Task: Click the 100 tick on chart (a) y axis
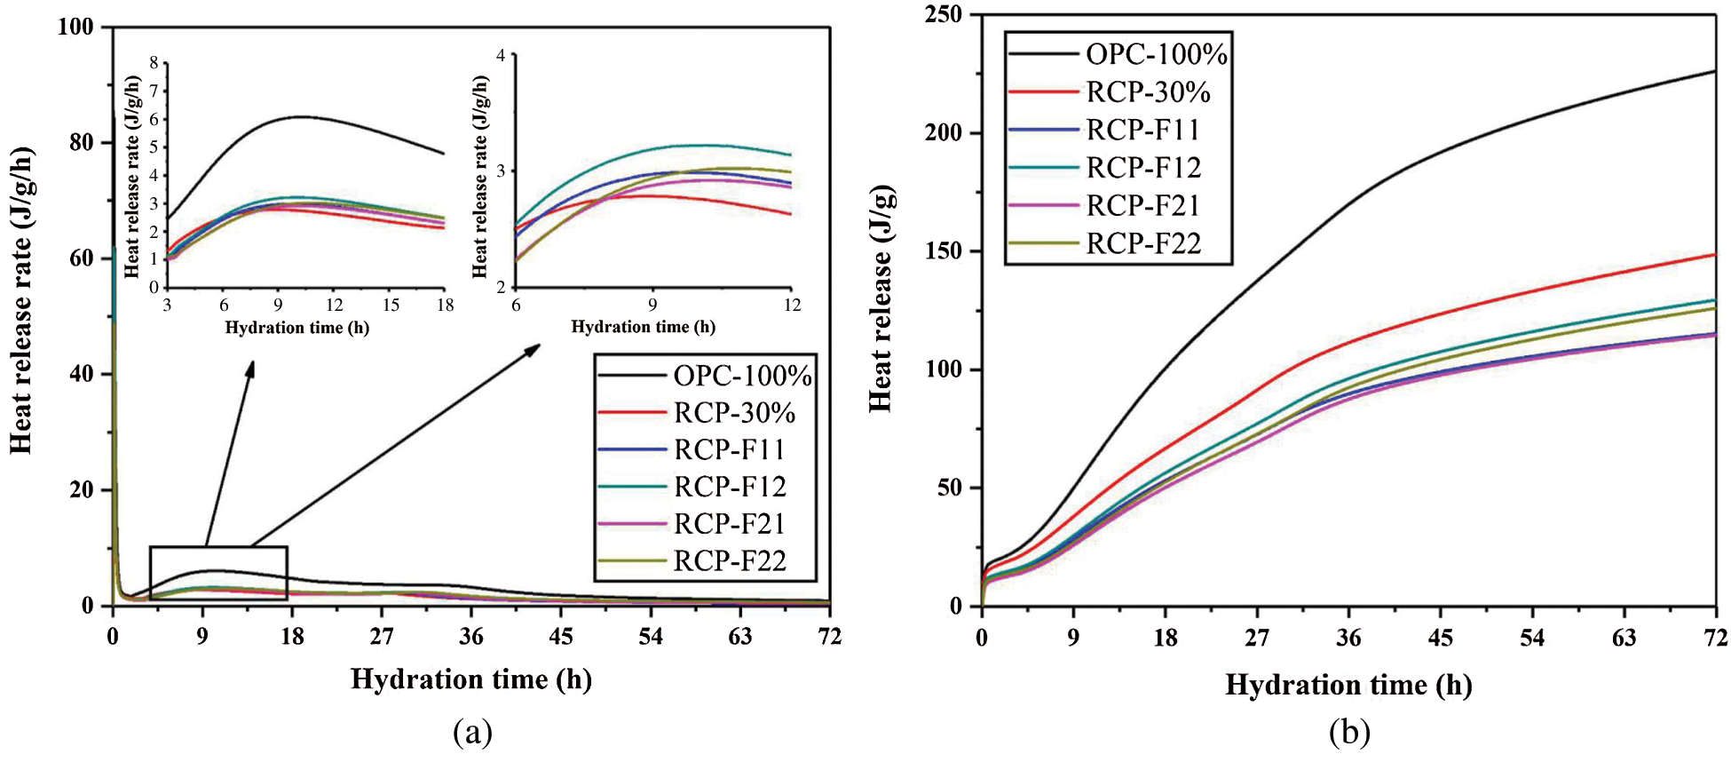(75, 28)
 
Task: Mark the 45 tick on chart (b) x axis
(1440, 638)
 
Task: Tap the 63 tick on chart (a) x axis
(739, 636)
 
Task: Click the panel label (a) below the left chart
(471, 733)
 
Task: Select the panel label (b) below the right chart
(1349, 733)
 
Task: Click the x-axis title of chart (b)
(1348, 685)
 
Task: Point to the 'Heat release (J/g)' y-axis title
(880, 298)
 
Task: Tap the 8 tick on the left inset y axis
(154, 63)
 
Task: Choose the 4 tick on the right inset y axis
(501, 55)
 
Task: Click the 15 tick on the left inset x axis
(391, 306)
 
